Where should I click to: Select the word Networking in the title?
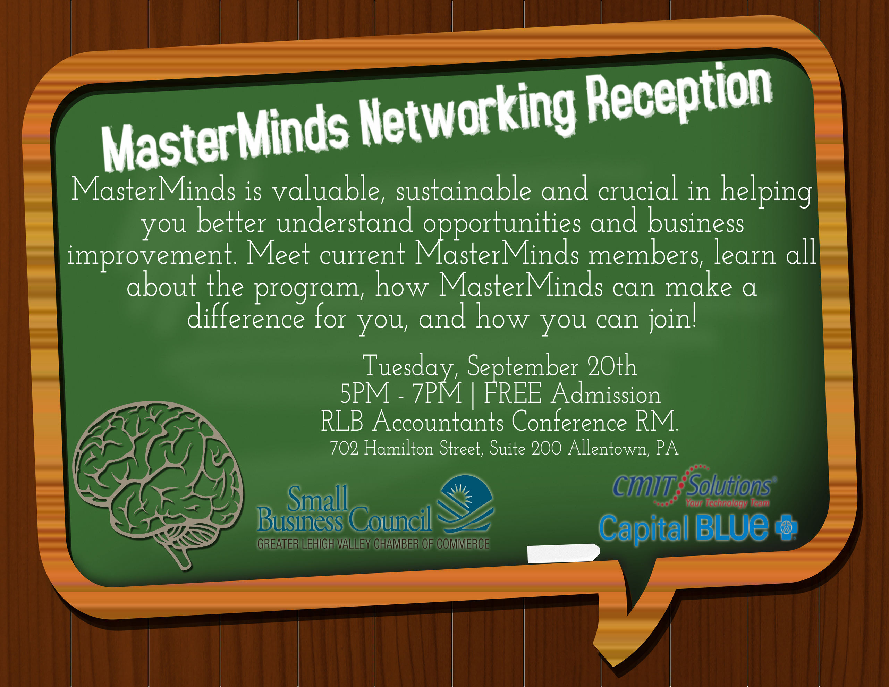[x=468, y=116]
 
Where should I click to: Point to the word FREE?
[x=513, y=393]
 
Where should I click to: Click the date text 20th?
[x=612, y=366]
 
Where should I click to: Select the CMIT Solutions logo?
[x=694, y=487]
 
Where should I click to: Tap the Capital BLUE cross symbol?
[x=786, y=528]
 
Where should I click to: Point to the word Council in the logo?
[x=390, y=520]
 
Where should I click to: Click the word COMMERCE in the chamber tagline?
[x=463, y=544]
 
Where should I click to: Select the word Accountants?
[x=438, y=421]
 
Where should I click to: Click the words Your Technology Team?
[x=727, y=503]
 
